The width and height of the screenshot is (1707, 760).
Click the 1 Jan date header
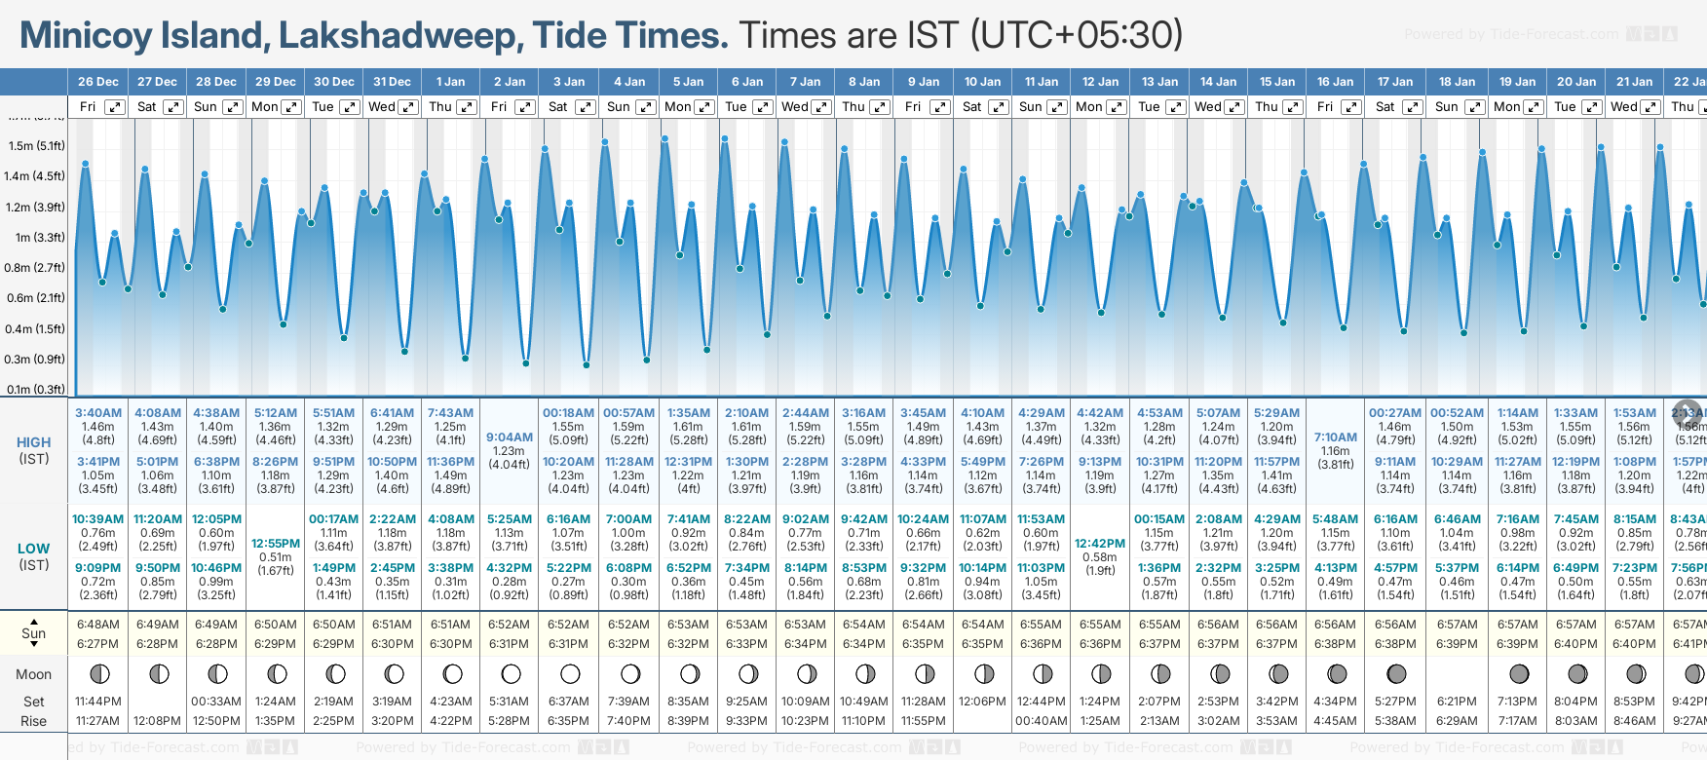tap(450, 82)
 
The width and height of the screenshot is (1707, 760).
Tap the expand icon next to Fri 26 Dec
tap(115, 107)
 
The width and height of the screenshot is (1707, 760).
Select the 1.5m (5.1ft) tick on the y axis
tap(36, 146)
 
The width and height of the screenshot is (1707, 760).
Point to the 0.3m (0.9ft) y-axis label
tap(36, 360)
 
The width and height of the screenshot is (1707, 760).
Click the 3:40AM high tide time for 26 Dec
tap(98, 413)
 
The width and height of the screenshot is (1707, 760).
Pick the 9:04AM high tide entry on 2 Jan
tap(510, 437)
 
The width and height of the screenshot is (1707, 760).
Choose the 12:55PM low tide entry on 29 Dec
tap(276, 544)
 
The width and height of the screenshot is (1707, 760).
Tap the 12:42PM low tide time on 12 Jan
tap(1100, 544)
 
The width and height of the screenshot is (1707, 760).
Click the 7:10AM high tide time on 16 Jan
tap(1335, 437)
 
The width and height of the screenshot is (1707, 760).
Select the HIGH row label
tap(34, 442)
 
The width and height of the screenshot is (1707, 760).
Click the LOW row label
tap(34, 549)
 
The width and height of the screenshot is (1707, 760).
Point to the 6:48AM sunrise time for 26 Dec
tap(98, 625)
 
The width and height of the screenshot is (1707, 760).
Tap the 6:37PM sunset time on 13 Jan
tap(1159, 644)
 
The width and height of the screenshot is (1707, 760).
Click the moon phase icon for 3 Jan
tap(570, 673)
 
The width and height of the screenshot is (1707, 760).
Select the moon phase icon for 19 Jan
tap(1518, 673)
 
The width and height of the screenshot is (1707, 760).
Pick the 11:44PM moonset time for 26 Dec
tap(98, 702)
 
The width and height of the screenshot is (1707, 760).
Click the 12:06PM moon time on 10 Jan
tap(983, 702)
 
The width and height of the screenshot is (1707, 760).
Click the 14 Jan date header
tap(1218, 82)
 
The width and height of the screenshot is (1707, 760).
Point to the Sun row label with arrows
tap(34, 633)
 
